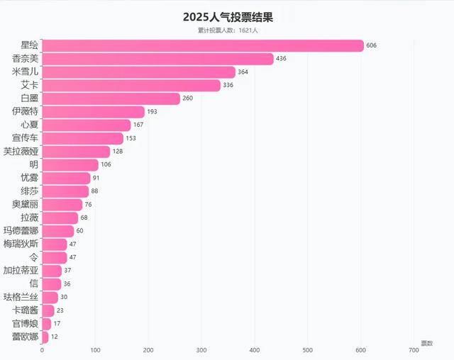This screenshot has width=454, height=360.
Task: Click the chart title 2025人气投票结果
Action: (228, 16)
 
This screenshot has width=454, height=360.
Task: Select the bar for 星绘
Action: (203, 45)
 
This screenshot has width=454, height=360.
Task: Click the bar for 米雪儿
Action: (138, 72)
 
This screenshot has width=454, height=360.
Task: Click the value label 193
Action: (152, 112)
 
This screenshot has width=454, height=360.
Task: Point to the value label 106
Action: (106, 164)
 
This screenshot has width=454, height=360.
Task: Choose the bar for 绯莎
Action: (65, 191)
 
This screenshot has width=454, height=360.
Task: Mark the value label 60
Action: (80, 231)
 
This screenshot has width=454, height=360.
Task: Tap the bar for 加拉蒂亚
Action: (52, 271)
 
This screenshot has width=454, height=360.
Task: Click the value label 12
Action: (55, 337)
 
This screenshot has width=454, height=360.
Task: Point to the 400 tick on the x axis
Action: (255, 350)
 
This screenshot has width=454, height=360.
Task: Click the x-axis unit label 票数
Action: (426, 343)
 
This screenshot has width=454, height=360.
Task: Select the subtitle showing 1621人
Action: (228, 30)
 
